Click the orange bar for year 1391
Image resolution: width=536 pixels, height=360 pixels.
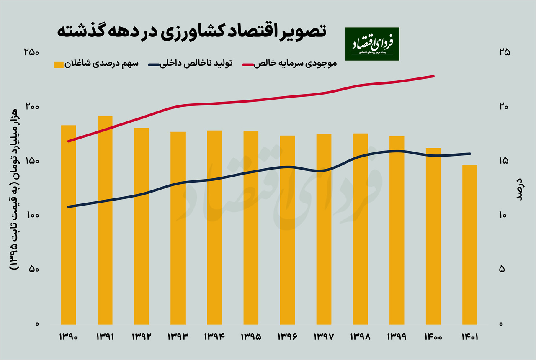(105, 220)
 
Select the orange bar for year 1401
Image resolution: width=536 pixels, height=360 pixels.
(469, 244)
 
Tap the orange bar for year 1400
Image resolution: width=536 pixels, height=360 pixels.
(433, 236)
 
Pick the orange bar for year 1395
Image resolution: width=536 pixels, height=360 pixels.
(251, 228)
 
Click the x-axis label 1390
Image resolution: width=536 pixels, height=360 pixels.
(69, 337)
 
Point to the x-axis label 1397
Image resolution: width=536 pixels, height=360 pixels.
(324, 337)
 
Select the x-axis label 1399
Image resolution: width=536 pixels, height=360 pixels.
(397, 337)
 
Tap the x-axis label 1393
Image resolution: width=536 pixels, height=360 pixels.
(178, 337)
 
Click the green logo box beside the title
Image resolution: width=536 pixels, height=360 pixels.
(372, 44)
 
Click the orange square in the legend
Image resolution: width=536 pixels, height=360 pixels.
(59, 64)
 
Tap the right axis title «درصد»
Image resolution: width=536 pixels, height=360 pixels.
(519, 189)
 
